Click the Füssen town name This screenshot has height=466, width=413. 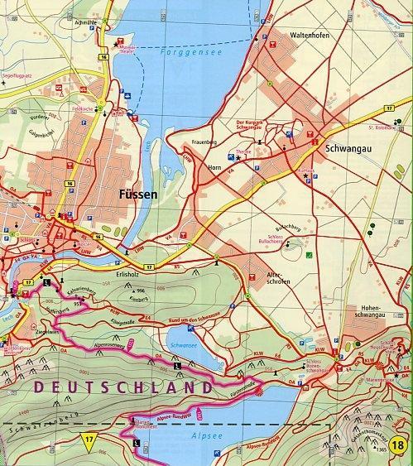tap(133, 195)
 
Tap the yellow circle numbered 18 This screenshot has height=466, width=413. tap(401, 447)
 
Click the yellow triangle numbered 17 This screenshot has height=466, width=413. tap(89, 438)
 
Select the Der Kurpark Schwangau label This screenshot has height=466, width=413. tap(254, 124)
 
